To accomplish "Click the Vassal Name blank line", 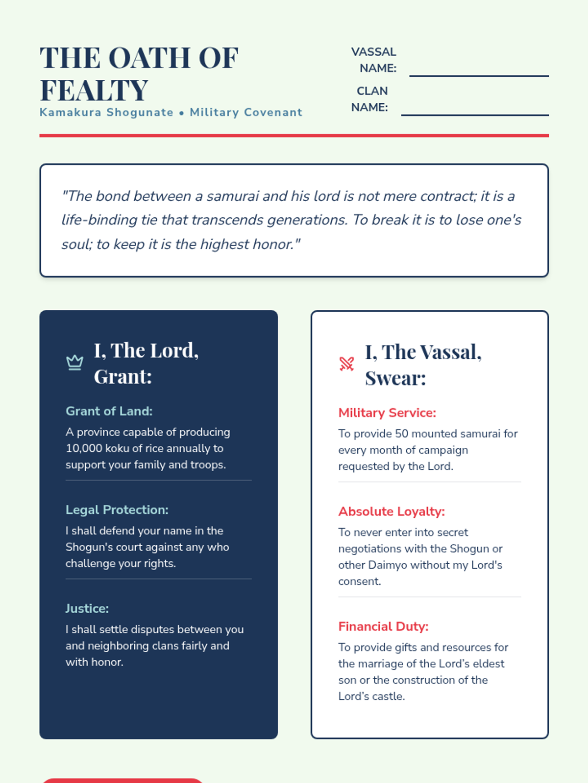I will coord(479,75).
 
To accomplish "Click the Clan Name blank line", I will coord(475,115).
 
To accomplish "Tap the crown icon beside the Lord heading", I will coord(74,363).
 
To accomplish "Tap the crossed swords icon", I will coord(347,364).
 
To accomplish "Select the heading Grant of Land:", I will coord(109,411).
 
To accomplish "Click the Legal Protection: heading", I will coord(117,510).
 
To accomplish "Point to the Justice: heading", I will coord(87,608).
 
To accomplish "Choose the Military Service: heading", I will coord(387,413).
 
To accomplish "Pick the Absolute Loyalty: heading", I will coord(392,511).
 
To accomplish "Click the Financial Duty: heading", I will coord(383,626).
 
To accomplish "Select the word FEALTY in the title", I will coord(94,91).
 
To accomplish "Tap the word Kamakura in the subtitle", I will coord(71,113).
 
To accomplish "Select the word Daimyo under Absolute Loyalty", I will coord(388,565).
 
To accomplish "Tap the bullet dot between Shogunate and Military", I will coord(181,113).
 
